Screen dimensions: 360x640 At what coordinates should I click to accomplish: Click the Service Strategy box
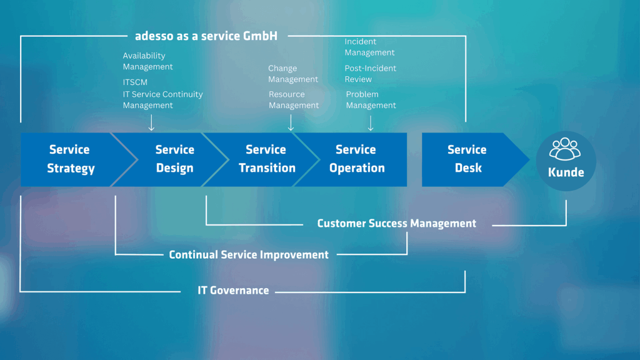coord(70,159)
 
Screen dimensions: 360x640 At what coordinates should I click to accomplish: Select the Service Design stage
coord(174,159)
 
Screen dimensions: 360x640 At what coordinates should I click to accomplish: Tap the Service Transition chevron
coord(266,159)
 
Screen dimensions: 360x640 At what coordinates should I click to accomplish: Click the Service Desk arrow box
coord(467,159)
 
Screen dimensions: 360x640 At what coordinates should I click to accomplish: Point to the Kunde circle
coord(566,161)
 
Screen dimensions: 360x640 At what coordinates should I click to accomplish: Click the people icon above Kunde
coord(565,150)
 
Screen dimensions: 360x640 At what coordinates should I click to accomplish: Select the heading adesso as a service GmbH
coord(206,36)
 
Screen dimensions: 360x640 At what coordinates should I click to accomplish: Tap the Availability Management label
coord(148,61)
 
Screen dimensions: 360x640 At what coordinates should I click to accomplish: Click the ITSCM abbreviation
coord(136,82)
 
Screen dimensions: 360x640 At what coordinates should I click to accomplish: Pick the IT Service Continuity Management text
coord(162,100)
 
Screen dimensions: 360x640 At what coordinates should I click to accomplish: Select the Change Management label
coord(293,74)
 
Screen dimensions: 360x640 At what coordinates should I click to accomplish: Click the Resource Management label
coord(294,100)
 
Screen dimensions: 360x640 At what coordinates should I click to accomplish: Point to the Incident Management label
coord(369,47)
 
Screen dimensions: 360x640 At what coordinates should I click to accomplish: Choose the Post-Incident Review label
coord(371,74)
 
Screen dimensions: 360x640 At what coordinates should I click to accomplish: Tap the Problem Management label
coord(371,100)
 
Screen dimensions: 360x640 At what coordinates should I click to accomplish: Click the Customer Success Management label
coord(397,224)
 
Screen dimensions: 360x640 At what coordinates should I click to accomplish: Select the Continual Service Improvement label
coord(249,255)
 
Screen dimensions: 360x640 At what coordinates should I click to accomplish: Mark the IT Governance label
coord(233,291)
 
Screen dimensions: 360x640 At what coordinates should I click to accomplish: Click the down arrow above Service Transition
coord(291,124)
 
